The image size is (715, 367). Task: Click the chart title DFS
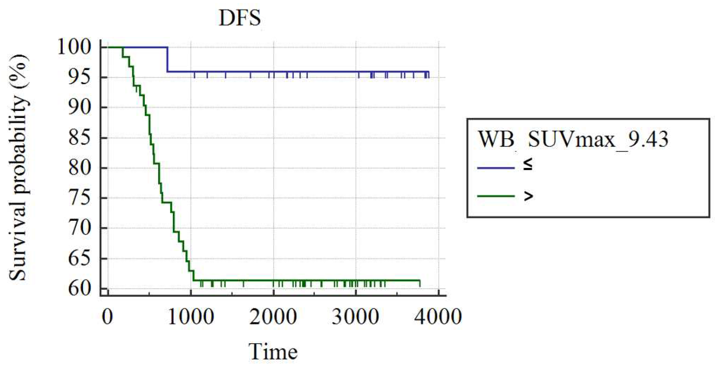pyautogui.click(x=240, y=18)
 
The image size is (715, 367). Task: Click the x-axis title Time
pyautogui.click(x=273, y=351)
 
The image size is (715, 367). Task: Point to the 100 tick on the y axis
pyautogui.click(x=74, y=47)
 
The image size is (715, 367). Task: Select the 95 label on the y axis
pyautogui.click(x=80, y=77)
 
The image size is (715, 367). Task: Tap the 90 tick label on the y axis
pyautogui.click(x=80, y=107)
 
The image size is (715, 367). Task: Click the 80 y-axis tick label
pyautogui.click(x=80, y=168)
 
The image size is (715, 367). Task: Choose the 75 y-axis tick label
pyautogui.click(x=80, y=198)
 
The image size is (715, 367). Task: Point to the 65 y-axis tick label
pyautogui.click(x=80, y=259)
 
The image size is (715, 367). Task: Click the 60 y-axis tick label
pyautogui.click(x=80, y=289)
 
